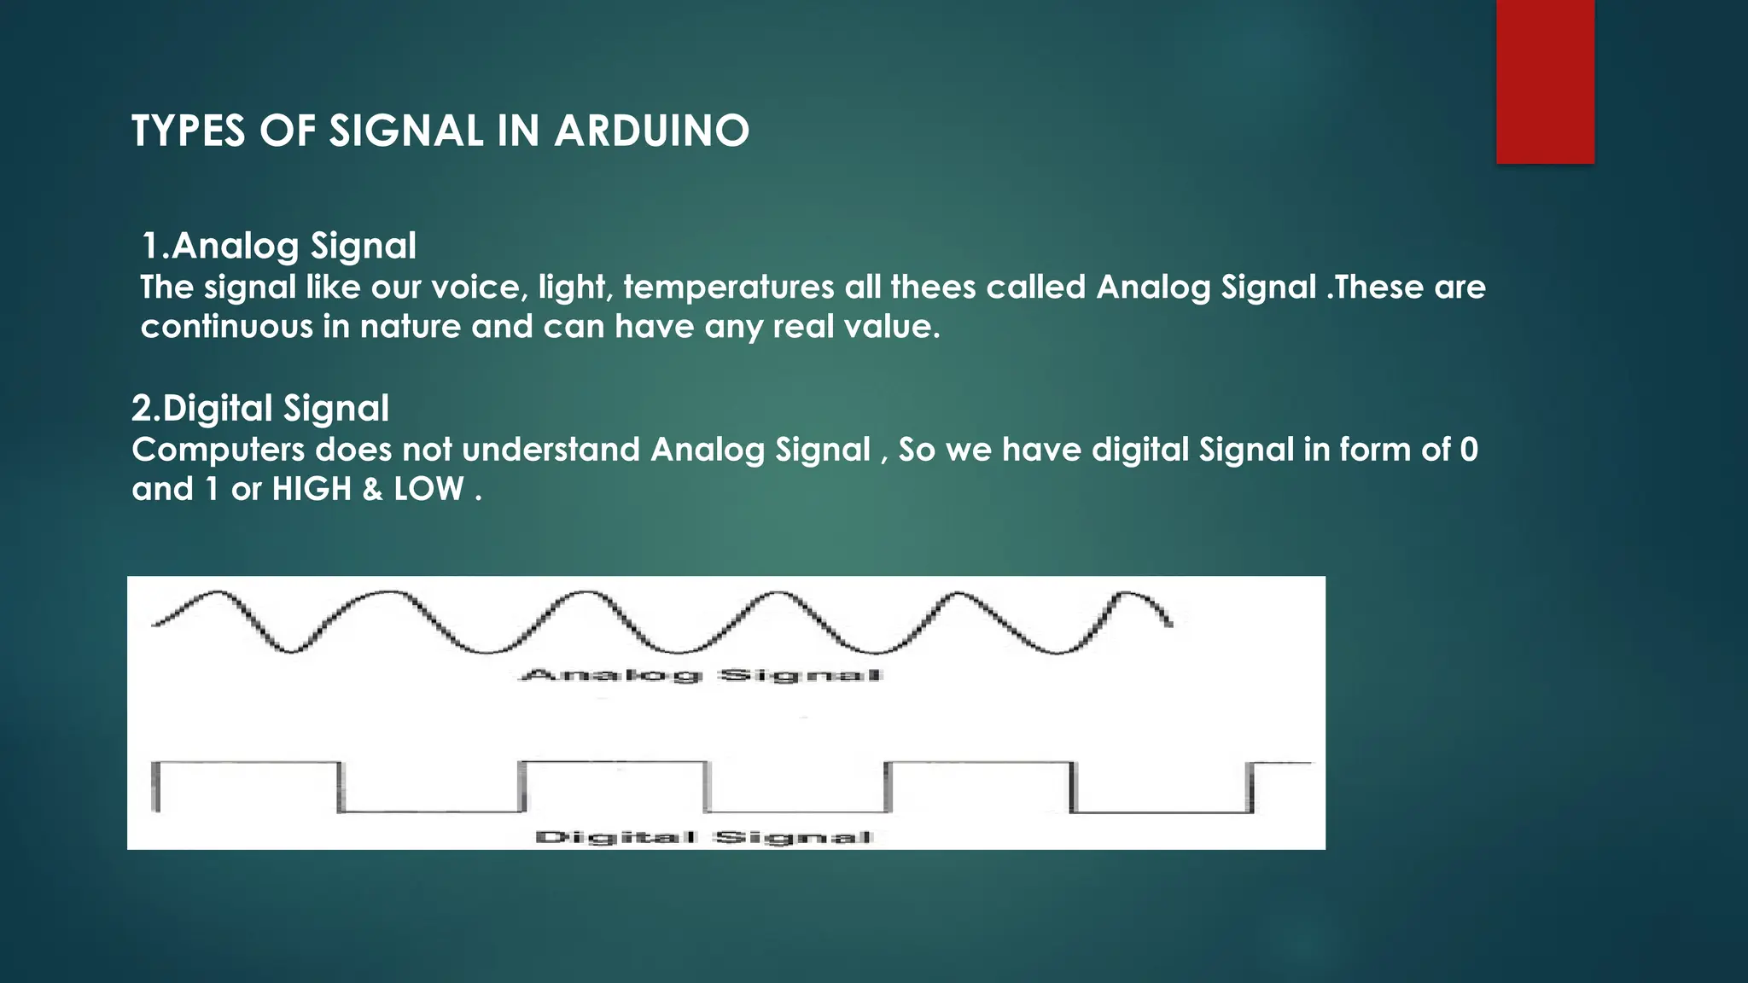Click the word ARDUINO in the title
(651, 131)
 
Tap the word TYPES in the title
(188, 131)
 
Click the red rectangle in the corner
(1545, 81)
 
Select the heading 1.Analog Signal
(278, 246)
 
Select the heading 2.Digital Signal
(259, 408)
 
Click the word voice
(475, 287)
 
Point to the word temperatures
(728, 287)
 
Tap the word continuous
(226, 327)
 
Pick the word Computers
(218, 450)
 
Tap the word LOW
(428, 489)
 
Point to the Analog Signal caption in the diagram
(700, 676)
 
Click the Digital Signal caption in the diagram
(704, 837)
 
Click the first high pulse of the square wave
(248, 763)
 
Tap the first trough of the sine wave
(290, 650)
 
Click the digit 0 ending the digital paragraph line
(1468, 450)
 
